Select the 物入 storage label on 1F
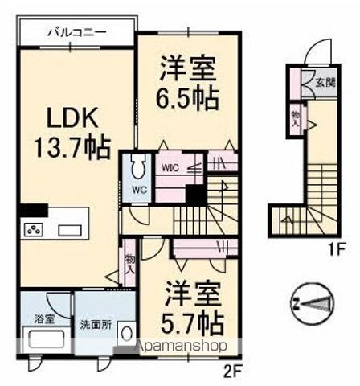(x=295, y=119)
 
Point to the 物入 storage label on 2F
(x=129, y=265)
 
